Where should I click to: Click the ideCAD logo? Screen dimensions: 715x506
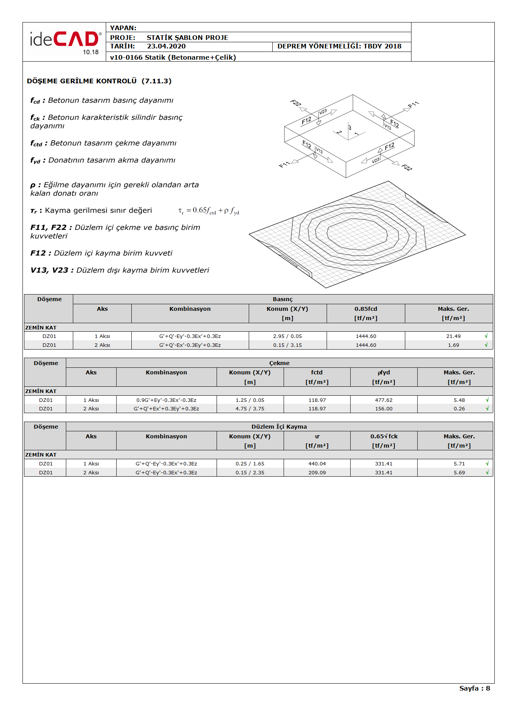tap(65, 41)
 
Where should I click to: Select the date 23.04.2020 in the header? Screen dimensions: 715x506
tap(166, 47)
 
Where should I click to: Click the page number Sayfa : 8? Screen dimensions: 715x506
tap(474, 688)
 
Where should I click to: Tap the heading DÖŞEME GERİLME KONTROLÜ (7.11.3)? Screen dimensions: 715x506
tap(99, 81)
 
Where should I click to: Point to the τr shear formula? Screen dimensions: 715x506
tap(208, 211)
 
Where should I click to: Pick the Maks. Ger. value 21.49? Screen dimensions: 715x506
tap(453, 336)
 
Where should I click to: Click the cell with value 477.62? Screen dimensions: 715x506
tap(384, 400)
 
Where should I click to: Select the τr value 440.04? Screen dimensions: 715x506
tap(317, 464)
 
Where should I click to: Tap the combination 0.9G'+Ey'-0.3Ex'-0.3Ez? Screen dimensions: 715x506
tap(166, 400)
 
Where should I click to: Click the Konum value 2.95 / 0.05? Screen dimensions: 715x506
tap(287, 336)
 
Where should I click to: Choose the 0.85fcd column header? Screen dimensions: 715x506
tap(366, 309)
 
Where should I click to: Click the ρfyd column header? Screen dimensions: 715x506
tap(384, 372)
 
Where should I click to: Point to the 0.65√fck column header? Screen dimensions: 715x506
tap(384, 436)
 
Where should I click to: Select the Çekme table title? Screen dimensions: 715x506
tap(279, 363)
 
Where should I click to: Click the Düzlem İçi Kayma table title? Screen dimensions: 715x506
tap(279, 427)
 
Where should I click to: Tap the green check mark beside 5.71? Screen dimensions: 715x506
tap(487, 464)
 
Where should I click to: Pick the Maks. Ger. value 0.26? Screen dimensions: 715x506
tap(459, 409)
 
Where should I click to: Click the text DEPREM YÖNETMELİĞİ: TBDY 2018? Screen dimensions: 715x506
tap(339, 47)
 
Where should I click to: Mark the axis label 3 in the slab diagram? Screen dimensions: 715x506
tap(349, 127)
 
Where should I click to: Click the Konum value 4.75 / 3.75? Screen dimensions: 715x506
tap(250, 409)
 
